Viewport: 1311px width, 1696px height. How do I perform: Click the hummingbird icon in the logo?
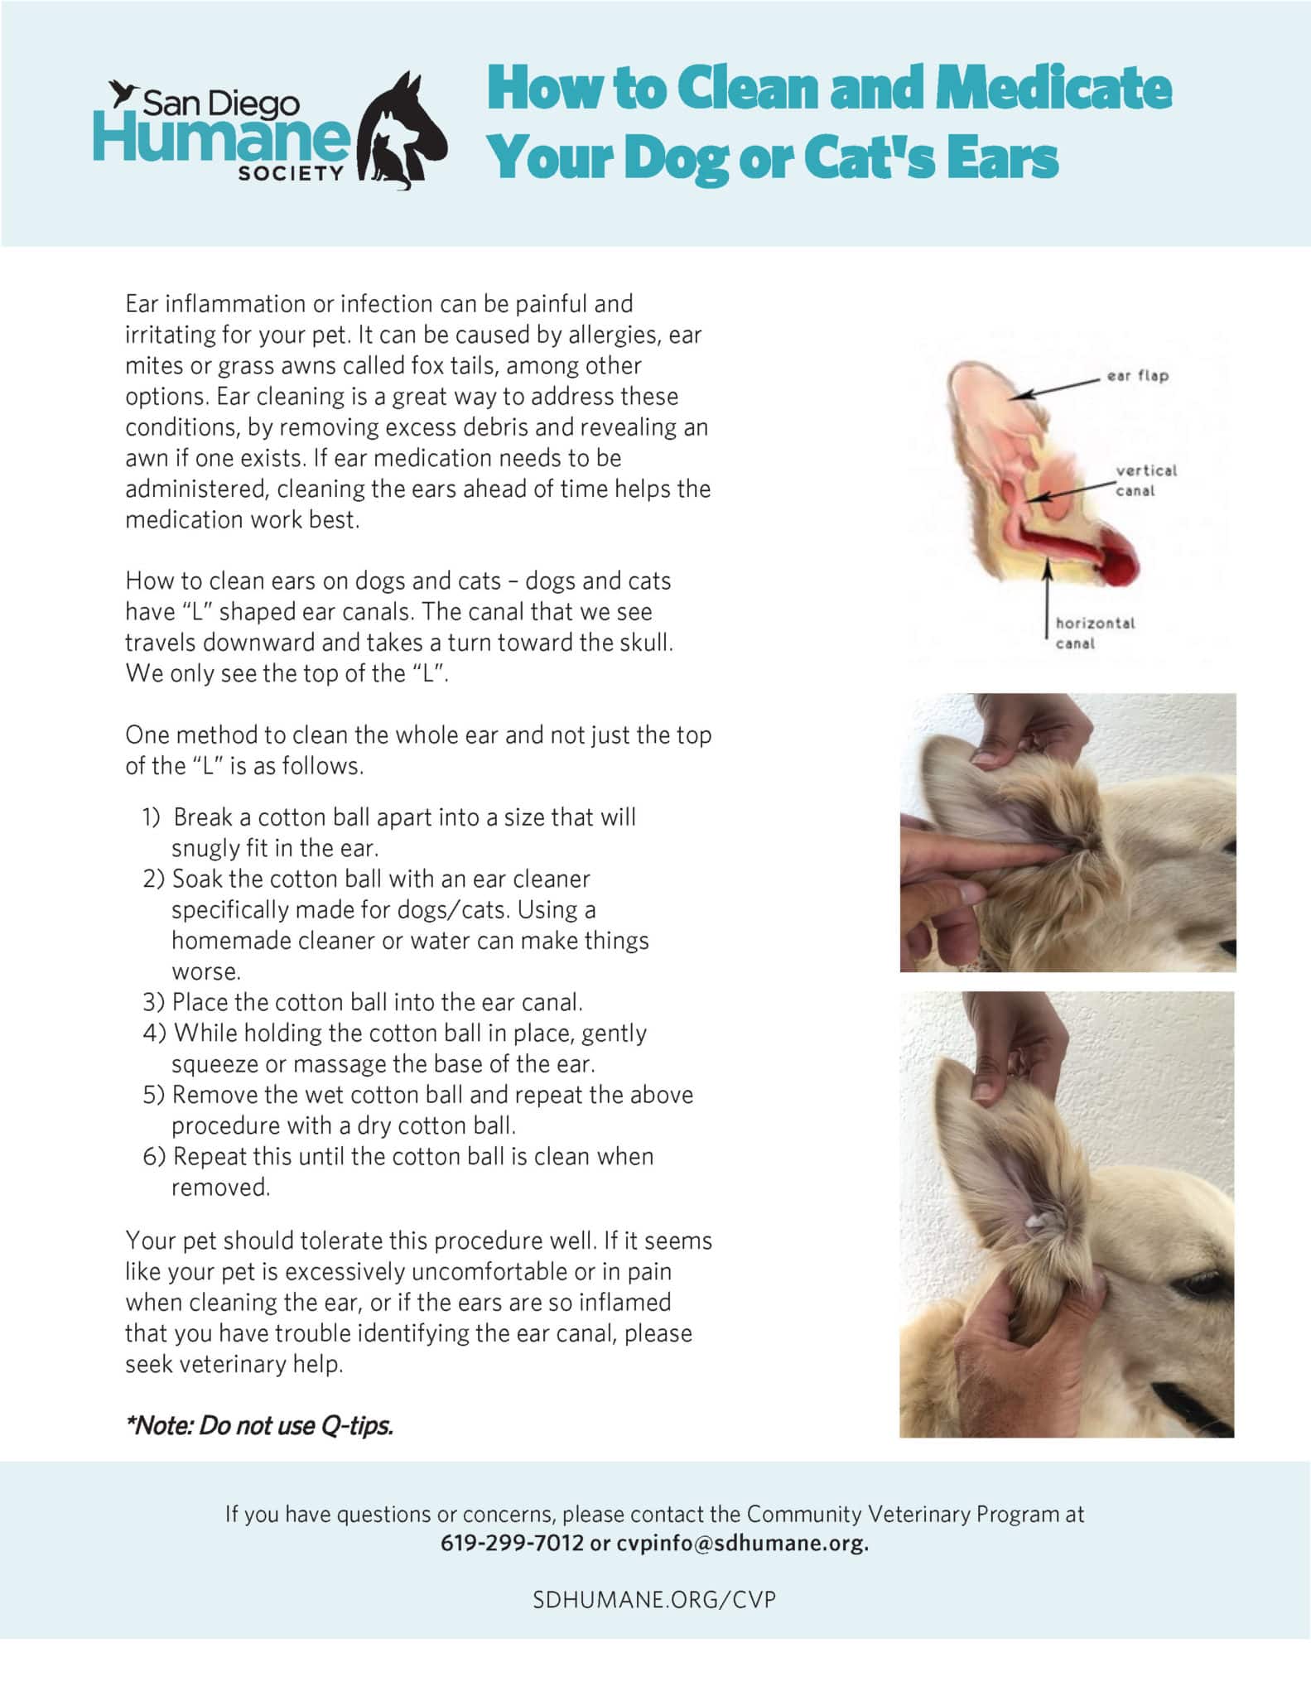(x=125, y=93)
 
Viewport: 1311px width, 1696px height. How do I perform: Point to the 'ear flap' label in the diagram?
(x=1137, y=376)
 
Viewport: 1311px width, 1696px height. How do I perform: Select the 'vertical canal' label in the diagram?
(x=1145, y=480)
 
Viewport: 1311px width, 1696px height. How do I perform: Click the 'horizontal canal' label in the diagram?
(x=1094, y=633)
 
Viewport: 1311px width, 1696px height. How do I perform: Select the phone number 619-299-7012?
(x=512, y=1544)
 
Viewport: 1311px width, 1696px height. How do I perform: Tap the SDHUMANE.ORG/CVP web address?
(x=654, y=1599)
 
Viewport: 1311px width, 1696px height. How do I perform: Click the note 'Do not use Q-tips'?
(x=259, y=1425)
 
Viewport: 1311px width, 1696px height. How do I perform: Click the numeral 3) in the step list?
(x=154, y=1002)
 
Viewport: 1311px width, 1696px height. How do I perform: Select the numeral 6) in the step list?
(x=154, y=1156)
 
